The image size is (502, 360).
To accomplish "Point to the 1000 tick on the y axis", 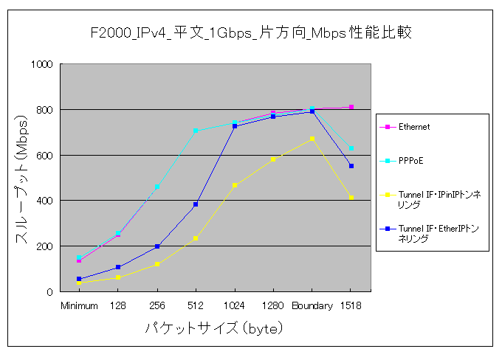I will [x=41, y=64].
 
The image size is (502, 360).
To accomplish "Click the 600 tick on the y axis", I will [x=44, y=155].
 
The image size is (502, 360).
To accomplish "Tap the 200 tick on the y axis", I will [x=44, y=246].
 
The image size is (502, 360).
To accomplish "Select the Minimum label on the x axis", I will [x=79, y=305].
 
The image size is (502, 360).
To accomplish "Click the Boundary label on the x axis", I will [x=312, y=305].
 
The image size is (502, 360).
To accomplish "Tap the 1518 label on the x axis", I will [x=351, y=305].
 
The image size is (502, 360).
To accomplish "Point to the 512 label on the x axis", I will [x=196, y=305].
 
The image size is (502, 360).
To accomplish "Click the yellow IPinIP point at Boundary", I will [x=312, y=139].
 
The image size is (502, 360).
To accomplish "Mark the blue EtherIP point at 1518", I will [x=351, y=166].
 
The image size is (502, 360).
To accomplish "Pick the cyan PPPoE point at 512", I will [x=196, y=131].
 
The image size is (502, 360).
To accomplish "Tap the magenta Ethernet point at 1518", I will [x=351, y=107].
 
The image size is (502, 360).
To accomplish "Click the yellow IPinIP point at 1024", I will [x=235, y=185].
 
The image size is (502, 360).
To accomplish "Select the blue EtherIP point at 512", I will [x=196, y=204].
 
